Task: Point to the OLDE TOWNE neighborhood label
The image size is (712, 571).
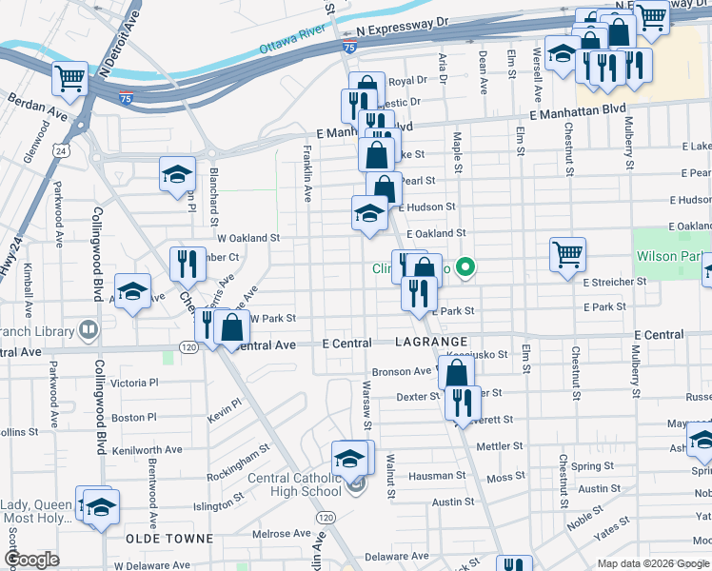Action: pos(169,539)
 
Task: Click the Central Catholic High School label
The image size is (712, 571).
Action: pos(296,484)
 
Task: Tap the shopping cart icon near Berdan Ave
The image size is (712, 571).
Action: pos(70,79)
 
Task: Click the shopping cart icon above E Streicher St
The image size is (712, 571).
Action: pos(567,253)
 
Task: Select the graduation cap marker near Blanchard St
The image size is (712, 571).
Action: pos(177,174)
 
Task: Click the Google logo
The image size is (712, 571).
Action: pos(32,560)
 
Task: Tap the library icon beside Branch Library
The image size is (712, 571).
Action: pos(89,329)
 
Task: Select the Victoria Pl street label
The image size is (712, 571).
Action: pos(134,384)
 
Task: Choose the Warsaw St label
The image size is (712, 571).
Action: pos(366,404)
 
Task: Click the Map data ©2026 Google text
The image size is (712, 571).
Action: pos(653,563)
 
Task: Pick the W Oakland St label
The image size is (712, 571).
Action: pos(248,238)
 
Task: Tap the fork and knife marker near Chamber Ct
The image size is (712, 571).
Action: pos(188,263)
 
